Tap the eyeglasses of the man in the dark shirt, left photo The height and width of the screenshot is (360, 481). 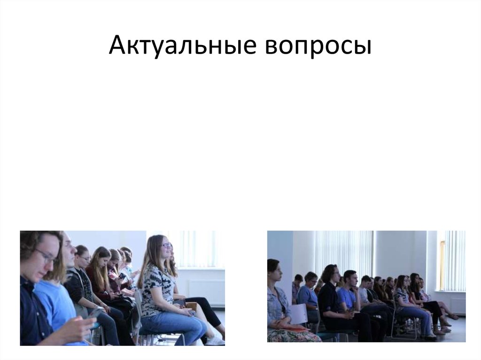[47, 256]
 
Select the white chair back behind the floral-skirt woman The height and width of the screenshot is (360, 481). [299, 314]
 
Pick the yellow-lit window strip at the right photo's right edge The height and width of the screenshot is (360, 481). [442, 265]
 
